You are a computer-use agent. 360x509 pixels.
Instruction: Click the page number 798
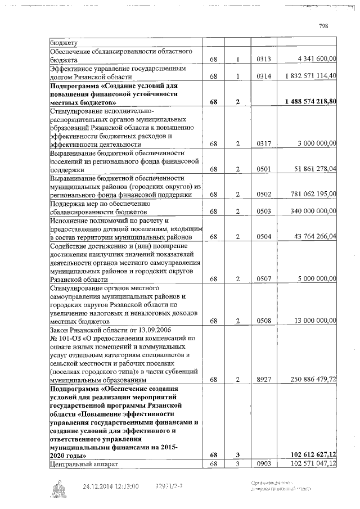[x=323, y=26]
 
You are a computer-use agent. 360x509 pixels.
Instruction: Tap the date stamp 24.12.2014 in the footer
[x=99, y=487]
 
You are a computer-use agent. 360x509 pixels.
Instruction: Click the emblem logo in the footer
[x=58, y=488]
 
